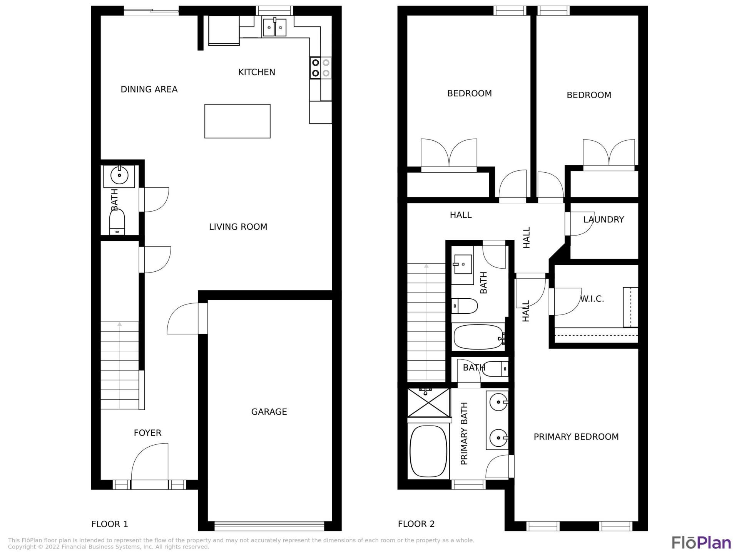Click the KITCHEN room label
click(x=256, y=72)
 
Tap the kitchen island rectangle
click(x=237, y=121)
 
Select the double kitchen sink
click(x=274, y=28)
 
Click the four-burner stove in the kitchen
click(x=320, y=68)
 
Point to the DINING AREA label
click(x=149, y=89)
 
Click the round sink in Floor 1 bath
click(x=119, y=176)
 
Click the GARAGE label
click(x=269, y=412)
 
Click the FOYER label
click(x=147, y=433)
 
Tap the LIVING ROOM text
click(x=238, y=227)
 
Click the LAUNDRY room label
click(x=603, y=220)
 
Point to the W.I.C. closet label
click(x=592, y=299)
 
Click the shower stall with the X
click(x=428, y=403)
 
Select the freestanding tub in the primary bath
click(x=428, y=451)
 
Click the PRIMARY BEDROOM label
click(x=576, y=437)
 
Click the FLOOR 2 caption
click(x=416, y=524)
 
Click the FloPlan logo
click(x=701, y=542)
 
